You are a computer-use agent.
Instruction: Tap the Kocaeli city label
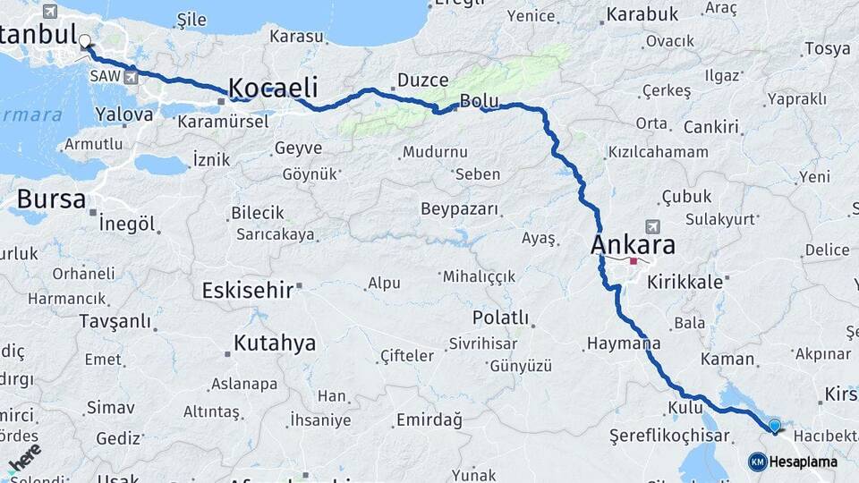273,88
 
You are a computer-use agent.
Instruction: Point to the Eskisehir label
248,290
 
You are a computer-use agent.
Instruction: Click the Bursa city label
51,199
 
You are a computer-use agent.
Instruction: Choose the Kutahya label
274,343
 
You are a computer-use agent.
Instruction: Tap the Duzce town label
422,80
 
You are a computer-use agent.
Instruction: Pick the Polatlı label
500,318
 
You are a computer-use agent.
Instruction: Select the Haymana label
624,343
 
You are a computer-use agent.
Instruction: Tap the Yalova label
124,114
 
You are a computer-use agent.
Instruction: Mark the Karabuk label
642,14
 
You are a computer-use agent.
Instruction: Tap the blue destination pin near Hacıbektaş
775,427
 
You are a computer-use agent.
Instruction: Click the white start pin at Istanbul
85,41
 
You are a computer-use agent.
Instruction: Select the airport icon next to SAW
133,78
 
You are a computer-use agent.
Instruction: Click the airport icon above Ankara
651,227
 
